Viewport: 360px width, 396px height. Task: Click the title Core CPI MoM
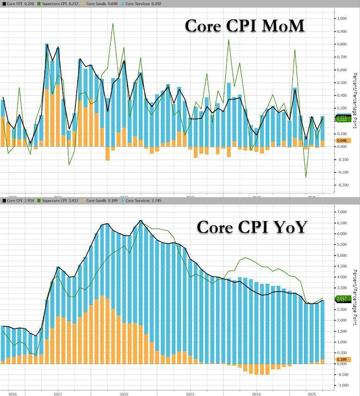tap(245, 26)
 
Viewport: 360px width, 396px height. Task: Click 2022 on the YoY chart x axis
tap(124, 394)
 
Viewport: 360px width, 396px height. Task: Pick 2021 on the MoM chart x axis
tap(58, 197)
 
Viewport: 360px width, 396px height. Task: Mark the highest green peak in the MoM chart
tap(112, 23)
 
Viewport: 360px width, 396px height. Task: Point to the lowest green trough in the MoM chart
tap(306, 177)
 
